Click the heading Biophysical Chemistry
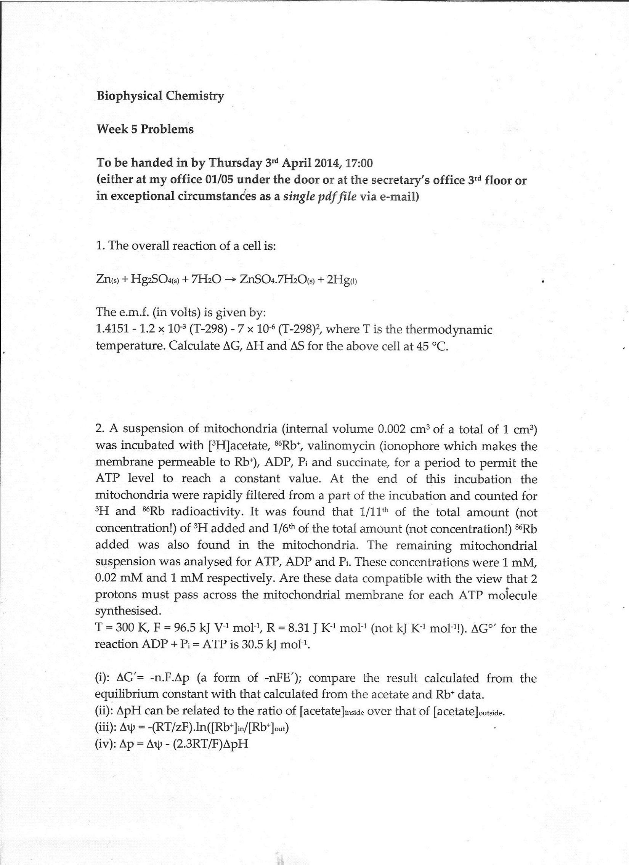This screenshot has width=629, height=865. pyautogui.click(x=160, y=96)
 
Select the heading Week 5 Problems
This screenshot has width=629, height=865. pyautogui.click(x=145, y=129)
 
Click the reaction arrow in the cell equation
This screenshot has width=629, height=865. pyautogui.click(x=229, y=279)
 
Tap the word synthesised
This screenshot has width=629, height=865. pyautogui.click(x=128, y=611)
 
